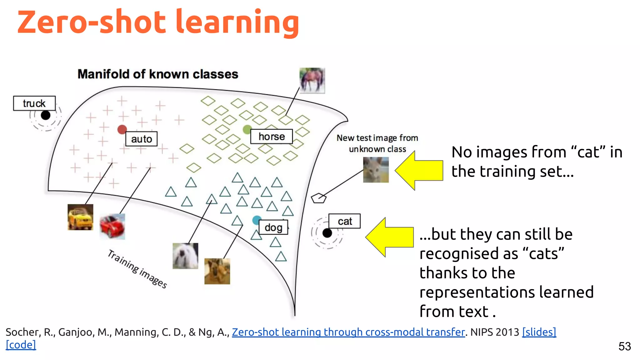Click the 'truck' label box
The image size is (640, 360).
[x=34, y=103]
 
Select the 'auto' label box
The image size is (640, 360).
[x=141, y=139]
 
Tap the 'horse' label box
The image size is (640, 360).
[x=271, y=137]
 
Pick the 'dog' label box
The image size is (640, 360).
[x=273, y=227]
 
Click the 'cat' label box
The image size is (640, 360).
[x=344, y=221]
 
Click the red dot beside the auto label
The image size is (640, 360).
[x=122, y=129]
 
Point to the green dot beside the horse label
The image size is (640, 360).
[x=247, y=129]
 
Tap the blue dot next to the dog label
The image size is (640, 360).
[x=257, y=220]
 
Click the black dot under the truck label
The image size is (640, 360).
[x=46, y=115]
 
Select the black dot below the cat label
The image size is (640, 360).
[x=327, y=233]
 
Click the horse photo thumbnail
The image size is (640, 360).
[x=312, y=80]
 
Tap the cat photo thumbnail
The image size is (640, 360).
[x=376, y=170]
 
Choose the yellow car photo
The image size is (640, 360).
[x=80, y=217]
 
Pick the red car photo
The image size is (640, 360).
[x=112, y=227]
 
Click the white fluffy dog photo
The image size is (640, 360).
[x=185, y=256]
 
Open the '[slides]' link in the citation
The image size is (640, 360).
[x=539, y=332]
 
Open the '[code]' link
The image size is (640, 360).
[x=21, y=345]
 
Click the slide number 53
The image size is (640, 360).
[x=624, y=346]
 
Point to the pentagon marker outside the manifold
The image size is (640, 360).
[x=318, y=198]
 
